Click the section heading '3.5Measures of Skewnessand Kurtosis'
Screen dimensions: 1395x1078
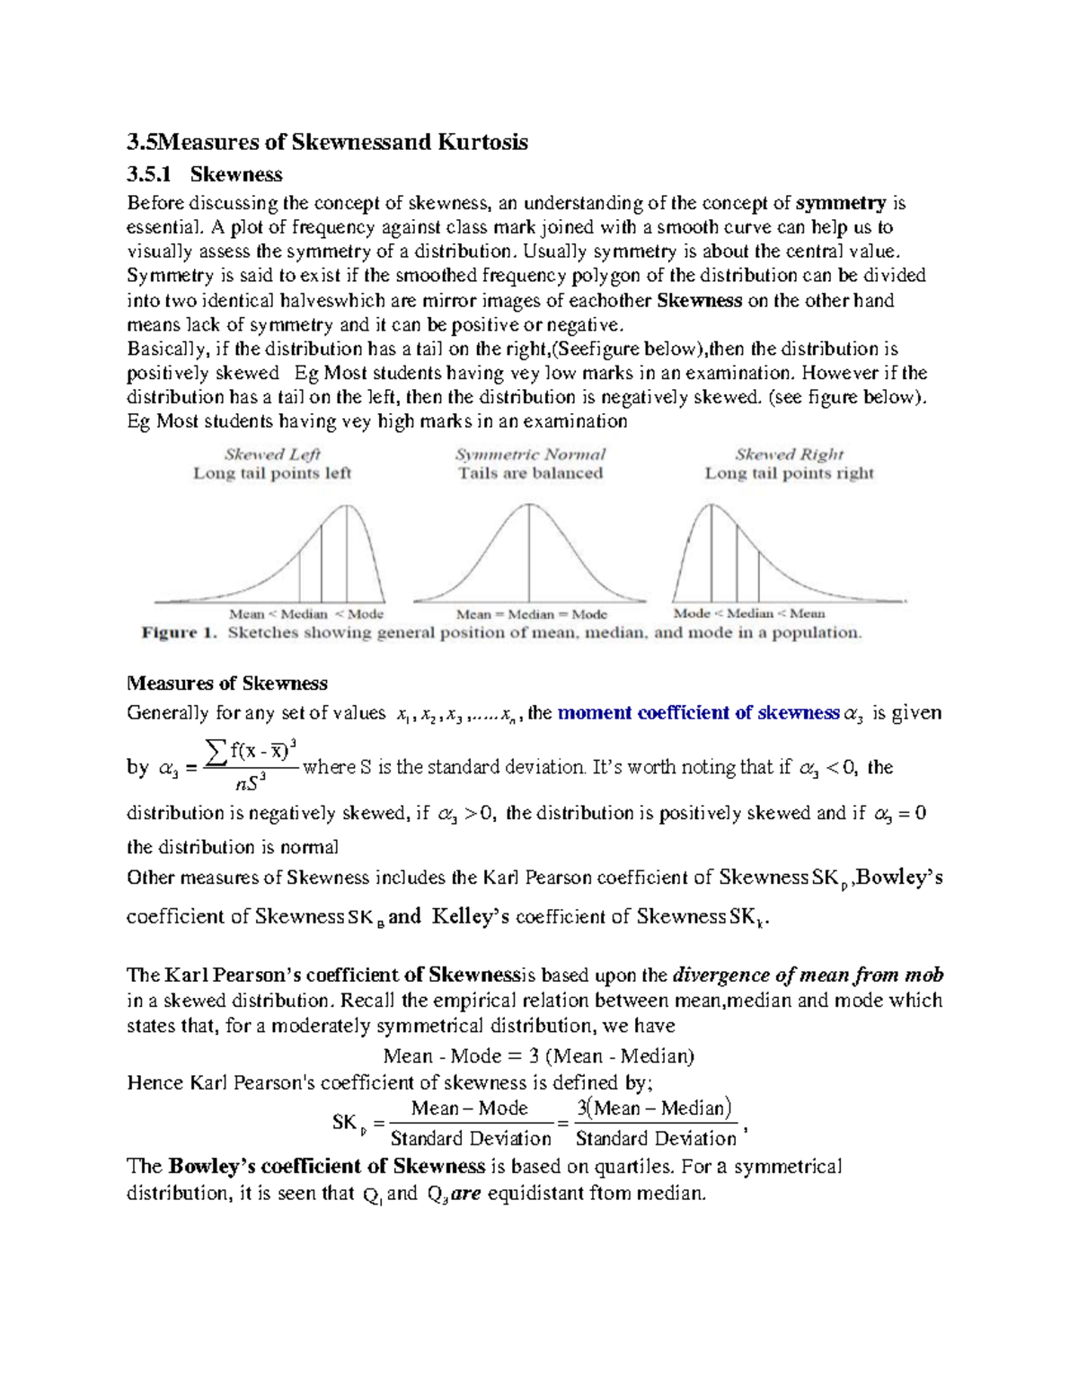327,142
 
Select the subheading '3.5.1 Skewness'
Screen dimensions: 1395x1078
205,174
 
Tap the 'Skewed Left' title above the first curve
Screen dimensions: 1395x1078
271,455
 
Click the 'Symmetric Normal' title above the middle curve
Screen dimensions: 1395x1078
530,455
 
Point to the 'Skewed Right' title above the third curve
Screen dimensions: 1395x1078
789,455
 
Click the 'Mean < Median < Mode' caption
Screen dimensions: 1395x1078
305,614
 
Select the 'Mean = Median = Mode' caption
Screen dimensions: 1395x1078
531,614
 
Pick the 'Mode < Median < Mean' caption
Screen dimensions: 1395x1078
749,614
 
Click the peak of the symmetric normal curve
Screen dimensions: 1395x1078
529,505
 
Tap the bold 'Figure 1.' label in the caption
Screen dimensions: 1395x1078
180,632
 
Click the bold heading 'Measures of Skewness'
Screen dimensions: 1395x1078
227,684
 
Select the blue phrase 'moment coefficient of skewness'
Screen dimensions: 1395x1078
698,713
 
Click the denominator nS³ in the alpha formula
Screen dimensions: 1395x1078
249,784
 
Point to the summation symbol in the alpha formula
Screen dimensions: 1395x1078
216,747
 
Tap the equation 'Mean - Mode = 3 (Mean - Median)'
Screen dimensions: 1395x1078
538,1055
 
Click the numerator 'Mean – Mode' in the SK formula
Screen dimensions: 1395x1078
469,1108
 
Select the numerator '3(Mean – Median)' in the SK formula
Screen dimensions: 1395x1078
654,1108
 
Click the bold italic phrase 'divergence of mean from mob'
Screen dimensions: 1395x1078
808,976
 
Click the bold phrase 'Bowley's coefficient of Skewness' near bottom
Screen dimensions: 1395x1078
326,1167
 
